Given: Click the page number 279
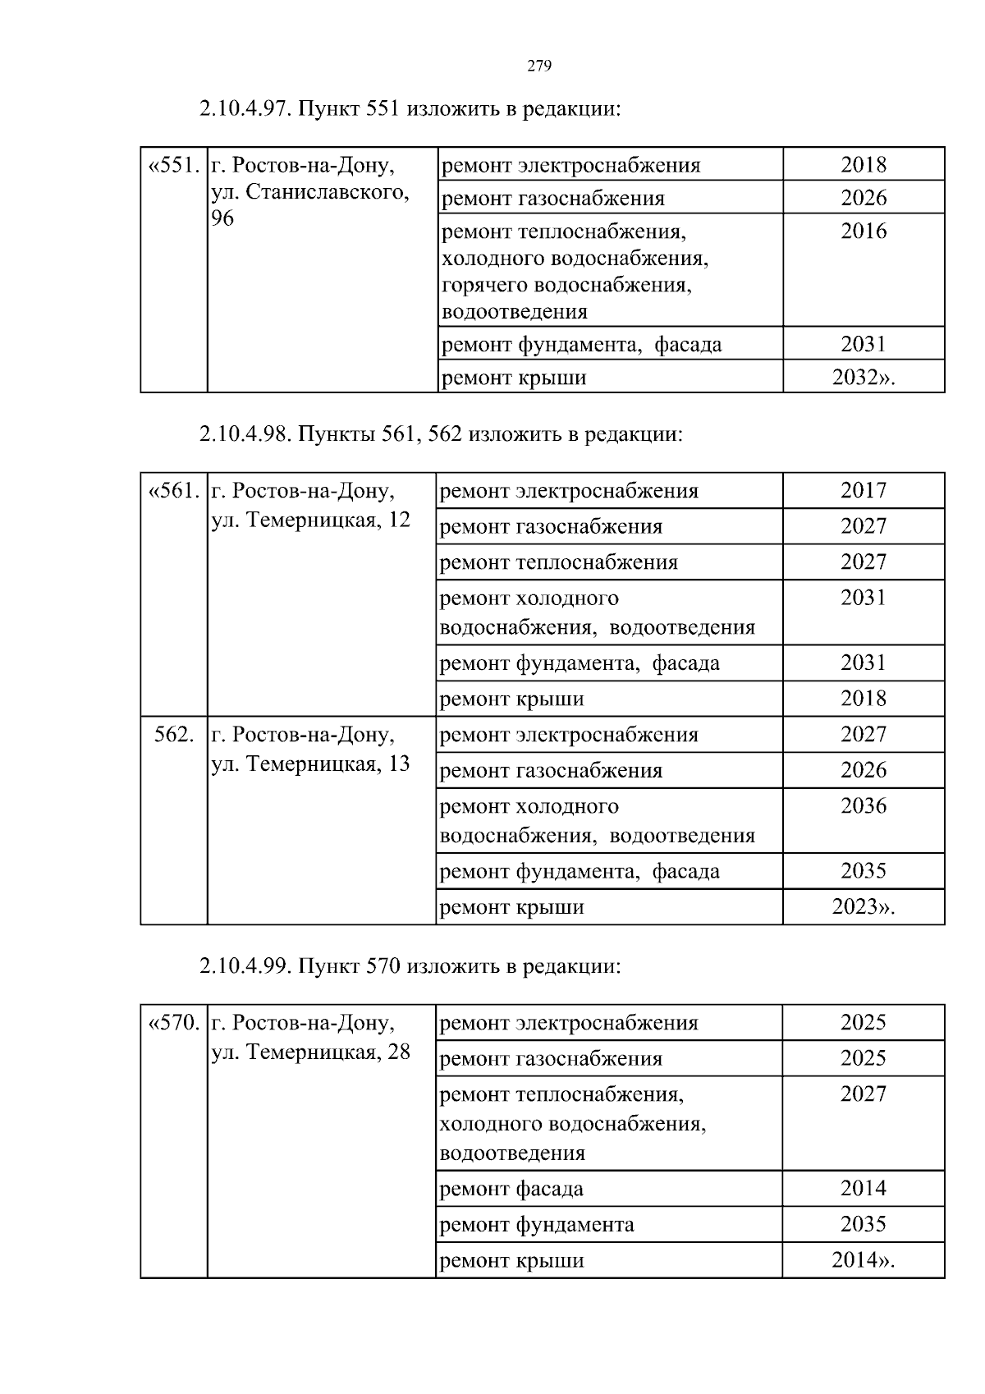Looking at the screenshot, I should [x=538, y=66].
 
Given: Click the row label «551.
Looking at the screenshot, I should [x=173, y=166].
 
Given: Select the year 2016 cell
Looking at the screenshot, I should [x=864, y=232].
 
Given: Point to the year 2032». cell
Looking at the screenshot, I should [x=864, y=378].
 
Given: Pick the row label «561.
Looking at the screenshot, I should [x=173, y=492].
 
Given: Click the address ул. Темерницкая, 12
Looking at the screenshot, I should [x=310, y=520].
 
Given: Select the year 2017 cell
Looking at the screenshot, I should [x=864, y=491].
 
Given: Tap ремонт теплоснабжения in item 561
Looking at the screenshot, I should [x=559, y=562].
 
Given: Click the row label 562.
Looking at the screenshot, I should [x=173, y=735].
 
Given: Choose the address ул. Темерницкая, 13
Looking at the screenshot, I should [x=310, y=763].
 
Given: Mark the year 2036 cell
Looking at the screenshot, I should [x=864, y=806].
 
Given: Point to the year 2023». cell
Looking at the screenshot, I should [x=864, y=907].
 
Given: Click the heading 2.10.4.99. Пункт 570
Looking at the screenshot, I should [x=410, y=966].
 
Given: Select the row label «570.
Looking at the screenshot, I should [x=173, y=1024].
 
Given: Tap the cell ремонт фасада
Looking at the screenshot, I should [x=512, y=1189].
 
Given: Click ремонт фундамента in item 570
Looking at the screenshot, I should [x=537, y=1225].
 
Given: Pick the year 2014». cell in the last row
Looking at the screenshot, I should [x=864, y=1260].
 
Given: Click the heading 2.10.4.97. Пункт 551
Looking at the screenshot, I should [x=409, y=108].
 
